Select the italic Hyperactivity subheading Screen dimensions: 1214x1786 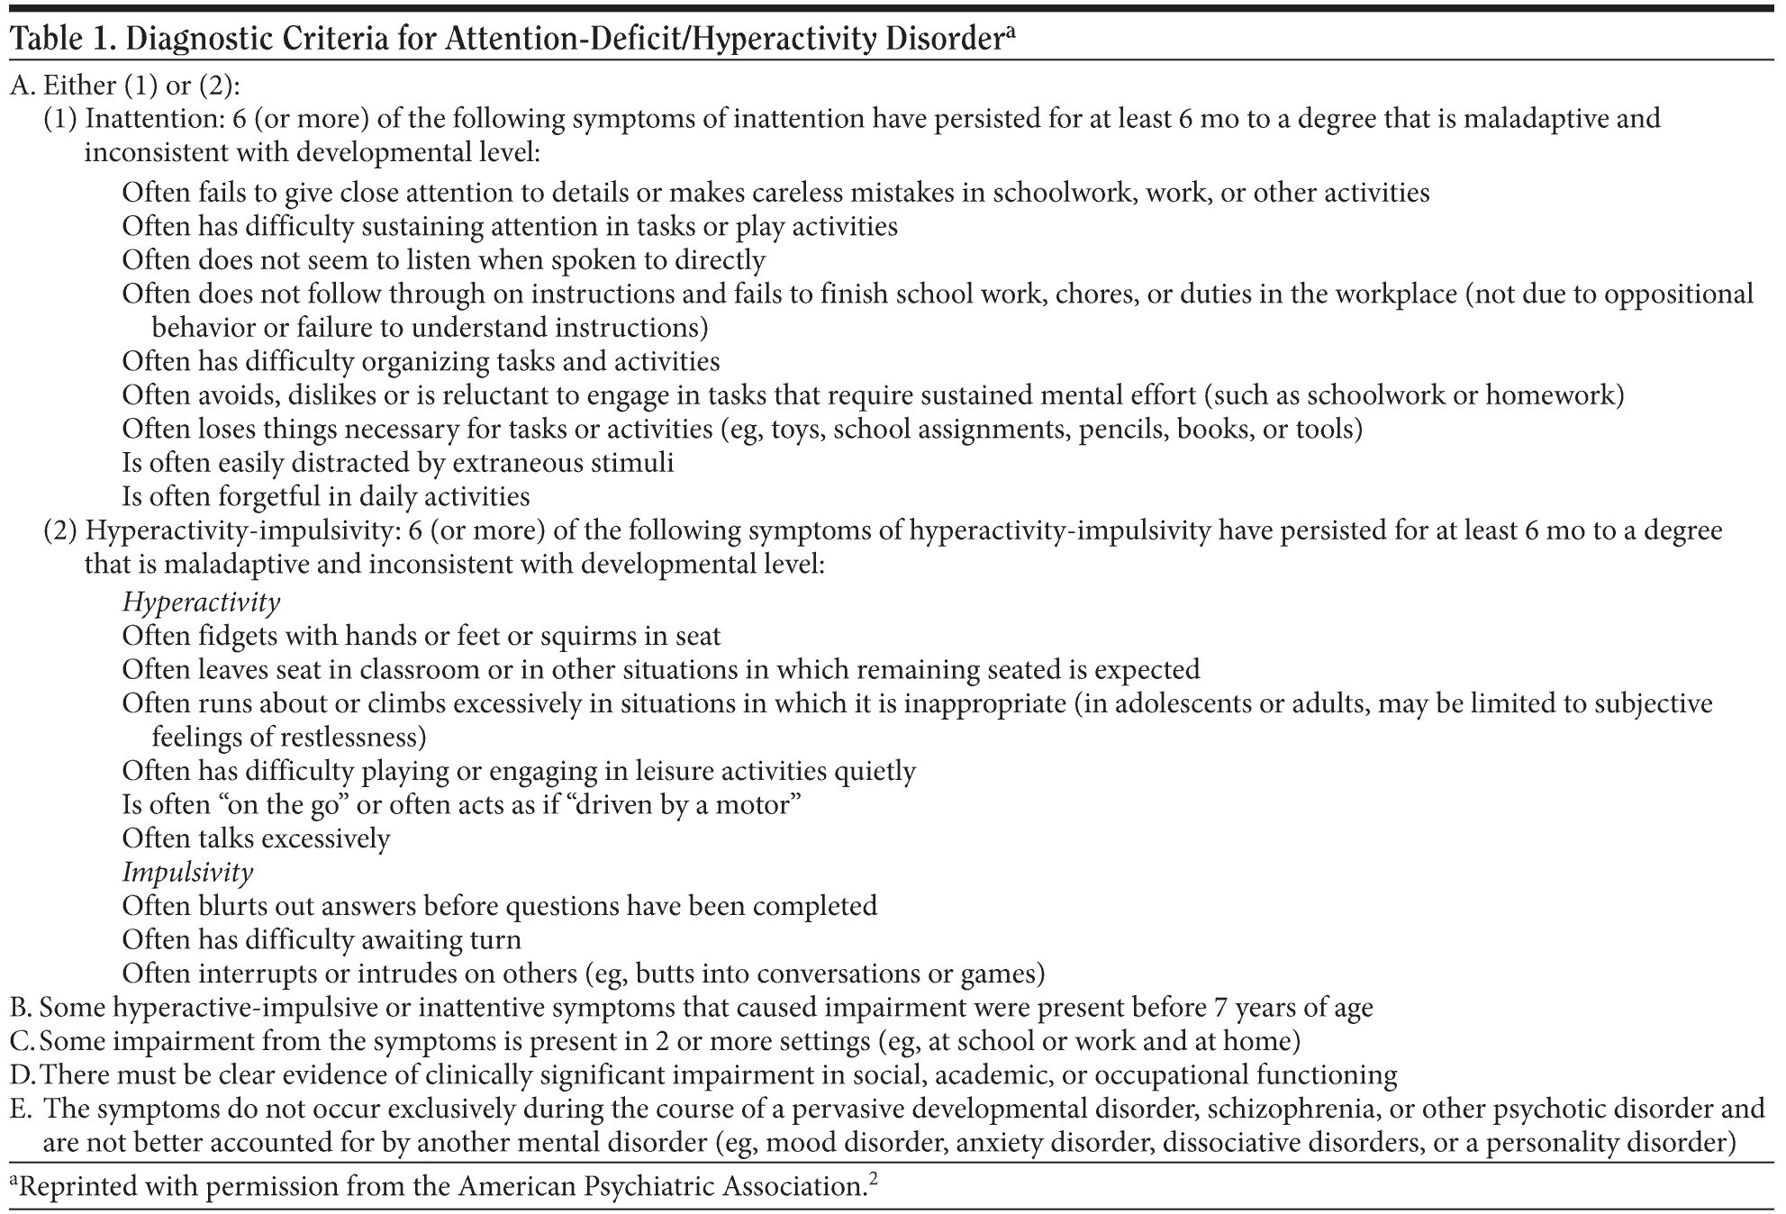(x=201, y=602)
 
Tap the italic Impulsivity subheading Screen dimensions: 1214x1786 (x=187, y=872)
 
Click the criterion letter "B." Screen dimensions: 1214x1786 (x=21, y=1008)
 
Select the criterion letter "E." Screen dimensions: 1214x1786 (x=21, y=1109)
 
